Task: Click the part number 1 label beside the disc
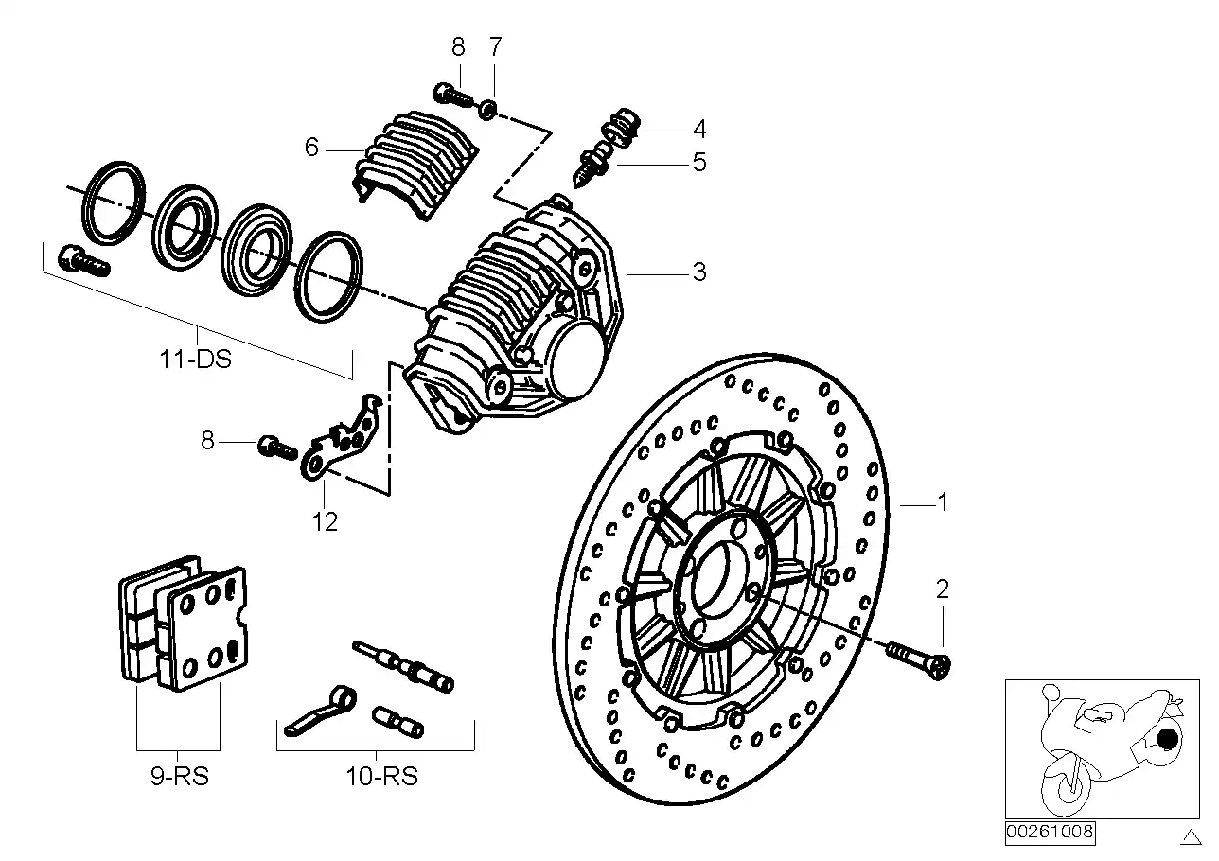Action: (942, 502)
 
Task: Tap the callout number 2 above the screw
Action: (942, 589)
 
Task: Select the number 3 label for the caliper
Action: (698, 272)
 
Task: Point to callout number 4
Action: (698, 129)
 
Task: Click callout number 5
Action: (698, 162)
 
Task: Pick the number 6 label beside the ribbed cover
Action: (311, 147)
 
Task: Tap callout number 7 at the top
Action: (495, 46)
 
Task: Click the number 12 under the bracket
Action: (325, 521)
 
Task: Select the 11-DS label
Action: (195, 360)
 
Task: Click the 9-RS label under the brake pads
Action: (180, 777)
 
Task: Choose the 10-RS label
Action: (381, 777)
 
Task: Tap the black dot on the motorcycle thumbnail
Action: (1167, 739)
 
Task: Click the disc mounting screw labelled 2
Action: (919, 659)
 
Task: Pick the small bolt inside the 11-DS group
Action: (83, 260)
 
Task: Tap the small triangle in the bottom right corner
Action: (1190, 835)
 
